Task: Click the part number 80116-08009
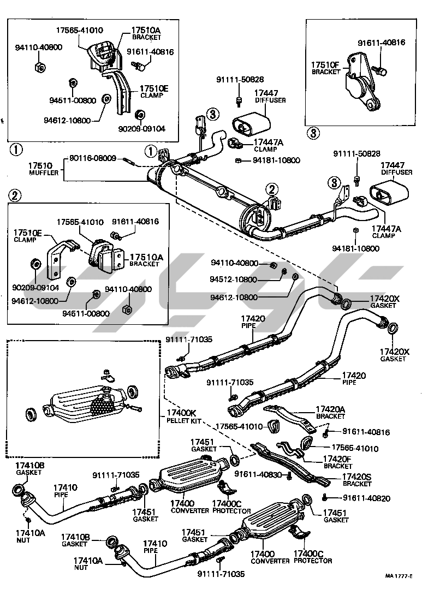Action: tap(92, 158)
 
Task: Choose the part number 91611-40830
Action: tap(257, 474)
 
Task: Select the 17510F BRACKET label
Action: tap(325, 68)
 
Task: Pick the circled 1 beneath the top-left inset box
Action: tap(17, 148)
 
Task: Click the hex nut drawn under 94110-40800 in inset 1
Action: tap(39, 67)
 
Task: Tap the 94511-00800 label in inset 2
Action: tap(86, 313)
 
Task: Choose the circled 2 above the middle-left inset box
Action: tap(16, 195)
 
